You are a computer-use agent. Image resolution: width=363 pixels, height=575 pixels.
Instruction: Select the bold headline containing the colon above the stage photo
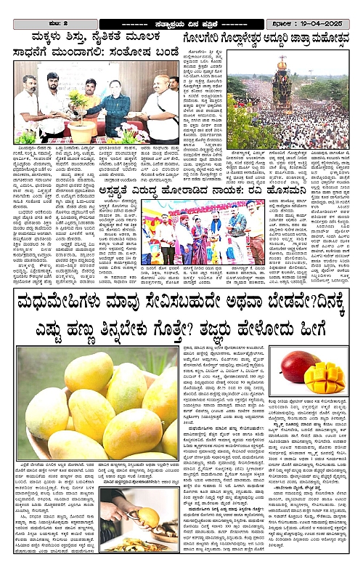(x=193, y=187)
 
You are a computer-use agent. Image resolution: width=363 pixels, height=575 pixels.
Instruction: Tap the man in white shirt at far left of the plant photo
(x=28, y=105)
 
